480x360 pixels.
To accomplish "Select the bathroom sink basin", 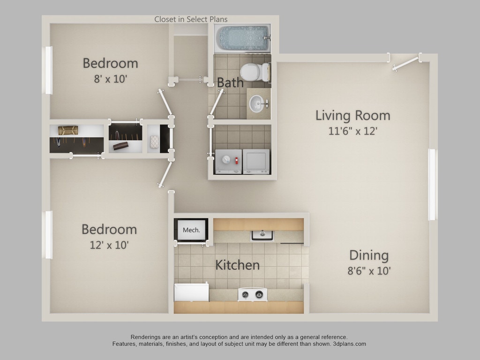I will point(256,103).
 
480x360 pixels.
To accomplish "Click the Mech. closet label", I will point(191,230).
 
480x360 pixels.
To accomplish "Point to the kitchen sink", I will point(262,234).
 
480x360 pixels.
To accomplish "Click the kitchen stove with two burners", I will point(253,294).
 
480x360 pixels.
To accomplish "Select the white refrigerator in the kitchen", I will point(191,292).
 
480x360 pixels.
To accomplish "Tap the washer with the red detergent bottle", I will point(228,162).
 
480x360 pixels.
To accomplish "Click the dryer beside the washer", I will point(256,162).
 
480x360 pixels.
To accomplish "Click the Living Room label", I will point(352,115).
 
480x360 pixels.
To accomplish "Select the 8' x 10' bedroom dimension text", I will point(110,78).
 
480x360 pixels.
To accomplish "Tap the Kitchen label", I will point(237,265).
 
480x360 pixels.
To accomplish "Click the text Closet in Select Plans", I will point(191,19).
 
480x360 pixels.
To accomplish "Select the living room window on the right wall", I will point(432,184).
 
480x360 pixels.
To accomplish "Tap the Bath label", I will point(230,83).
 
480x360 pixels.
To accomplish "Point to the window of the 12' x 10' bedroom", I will point(48,234).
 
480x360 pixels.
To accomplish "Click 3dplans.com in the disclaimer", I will point(350,344).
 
